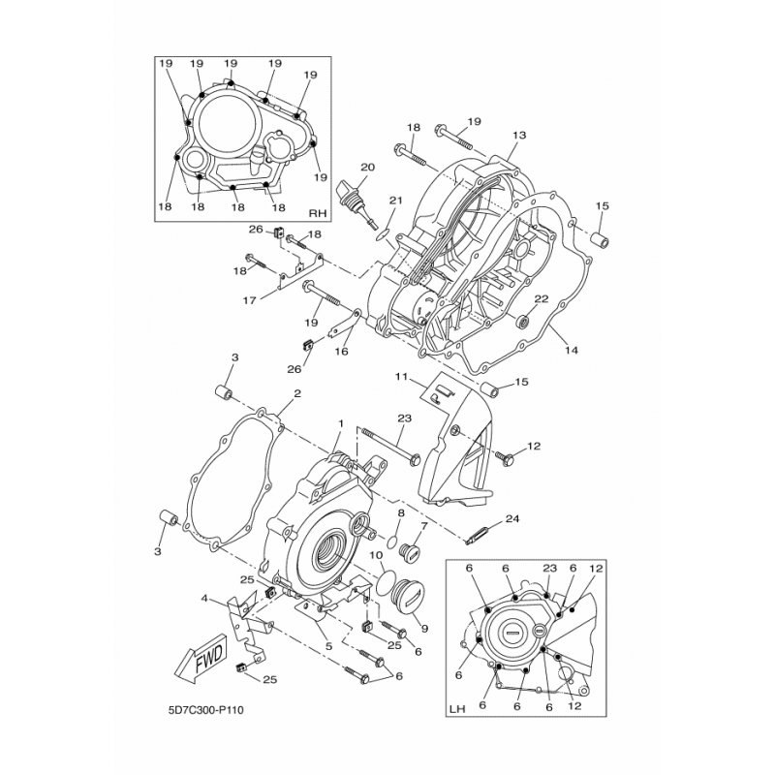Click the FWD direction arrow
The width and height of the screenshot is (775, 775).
coord(201,661)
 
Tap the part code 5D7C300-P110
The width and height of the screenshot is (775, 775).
coord(206,710)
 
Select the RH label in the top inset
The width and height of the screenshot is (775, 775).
coord(318,213)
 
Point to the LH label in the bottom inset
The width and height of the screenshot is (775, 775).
coord(457,709)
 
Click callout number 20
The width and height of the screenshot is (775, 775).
coord(368,168)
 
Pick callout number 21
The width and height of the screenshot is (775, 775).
coord(396,201)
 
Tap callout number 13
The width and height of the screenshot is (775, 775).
coord(519,135)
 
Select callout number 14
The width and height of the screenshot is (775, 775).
coord(572,350)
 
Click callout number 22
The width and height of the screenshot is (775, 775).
coord(542,298)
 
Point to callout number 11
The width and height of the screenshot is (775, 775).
coord(401,377)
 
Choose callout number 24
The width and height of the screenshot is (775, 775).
coord(512,519)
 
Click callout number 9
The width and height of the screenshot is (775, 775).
coord(424,629)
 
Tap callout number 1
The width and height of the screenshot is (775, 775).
coord(340,423)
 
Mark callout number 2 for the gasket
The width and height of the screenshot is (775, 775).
coord(297,393)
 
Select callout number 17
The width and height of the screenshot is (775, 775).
coord(250,299)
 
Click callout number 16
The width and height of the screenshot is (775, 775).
coord(342,351)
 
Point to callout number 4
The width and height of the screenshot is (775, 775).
coord(204,599)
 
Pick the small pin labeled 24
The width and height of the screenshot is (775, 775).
coord(479,536)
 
